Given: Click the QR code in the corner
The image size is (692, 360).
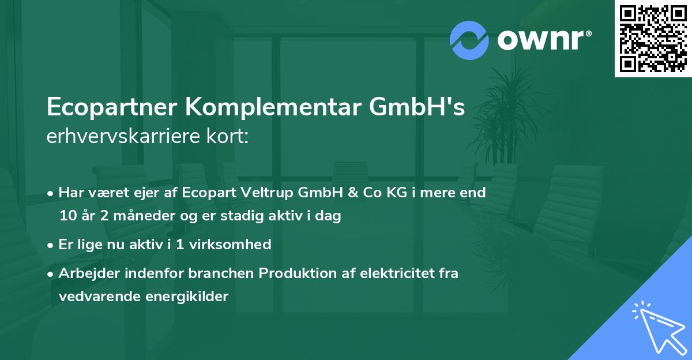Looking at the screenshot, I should click(652, 38).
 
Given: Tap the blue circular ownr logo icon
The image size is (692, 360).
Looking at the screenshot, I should click(469, 39).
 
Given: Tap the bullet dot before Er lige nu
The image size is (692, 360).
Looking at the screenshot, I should click(51, 245).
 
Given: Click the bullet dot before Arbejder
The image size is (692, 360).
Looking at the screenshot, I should click(51, 273).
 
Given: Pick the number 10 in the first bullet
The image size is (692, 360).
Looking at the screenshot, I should click(66, 216).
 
